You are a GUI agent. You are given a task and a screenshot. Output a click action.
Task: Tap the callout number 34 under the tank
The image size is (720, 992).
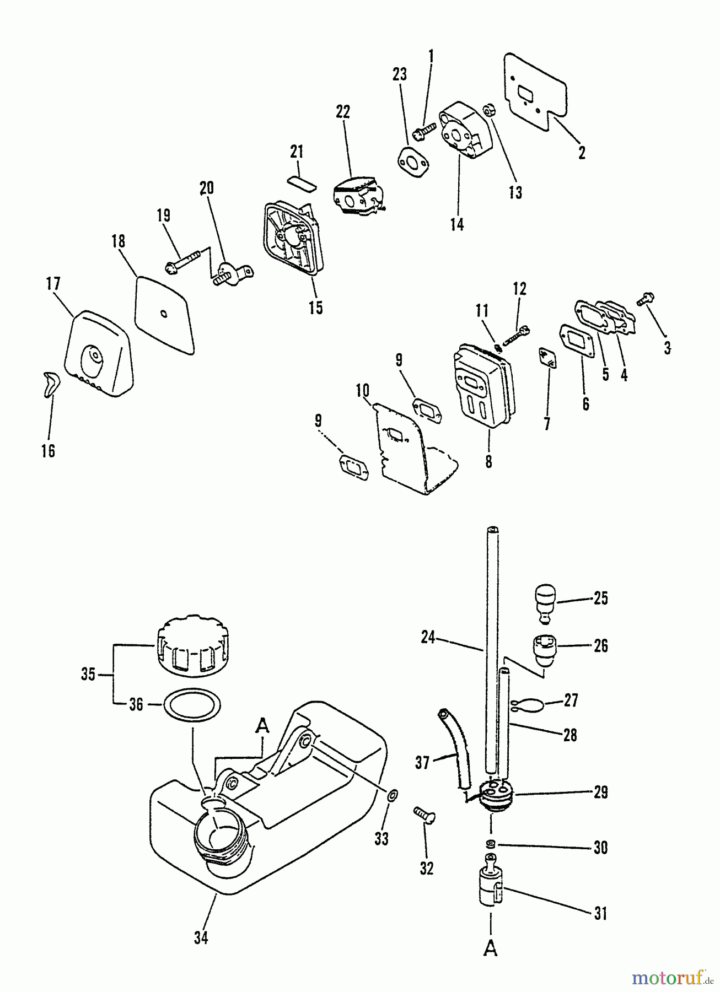(x=201, y=937)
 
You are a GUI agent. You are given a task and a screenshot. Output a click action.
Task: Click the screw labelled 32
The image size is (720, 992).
(x=425, y=814)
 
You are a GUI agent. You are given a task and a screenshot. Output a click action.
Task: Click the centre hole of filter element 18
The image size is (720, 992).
(x=164, y=314)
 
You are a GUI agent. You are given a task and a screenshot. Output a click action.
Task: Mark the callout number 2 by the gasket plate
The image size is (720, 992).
(x=582, y=153)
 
